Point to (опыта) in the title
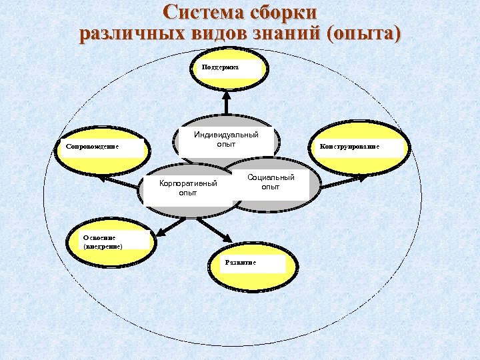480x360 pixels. pyautogui.click(x=365, y=33)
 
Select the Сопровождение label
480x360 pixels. pyautogui.click(x=88, y=147)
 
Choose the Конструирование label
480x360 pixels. pyautogui.click(x=349, y=147)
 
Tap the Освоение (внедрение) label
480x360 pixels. pyautogui.click(x=102, y=241)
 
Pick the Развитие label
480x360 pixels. pyautogui.click(x=241, y=263)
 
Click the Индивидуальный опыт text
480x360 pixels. pyautogui.click(x=226, y=139)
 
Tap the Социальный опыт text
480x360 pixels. pyautogui.click(x=271, y=182)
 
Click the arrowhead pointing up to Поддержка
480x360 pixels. pyautogui.click(x=226, y=94)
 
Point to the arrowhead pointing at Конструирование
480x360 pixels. pyautogui.click(x=364, y=177)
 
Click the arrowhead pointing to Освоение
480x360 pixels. pyautogui.click(x=157, y=233)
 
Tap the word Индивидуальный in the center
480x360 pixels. pyautogui.click(x=226, y=135)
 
